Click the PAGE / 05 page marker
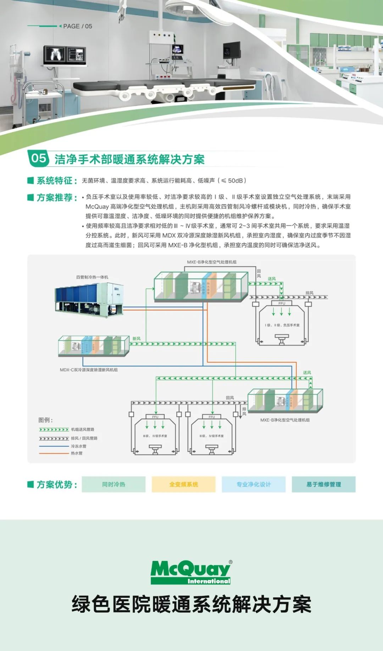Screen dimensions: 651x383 pyautogui.click(x=77, y=26)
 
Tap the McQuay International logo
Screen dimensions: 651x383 pyautogui.click(x=191, y=572)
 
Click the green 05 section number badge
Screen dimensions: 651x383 pyautogui.click(x=38, y=158)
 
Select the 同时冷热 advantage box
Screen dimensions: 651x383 pyautogui.click(x=113, y=484)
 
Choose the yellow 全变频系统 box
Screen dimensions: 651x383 pyautogui.click(x=183, y=484)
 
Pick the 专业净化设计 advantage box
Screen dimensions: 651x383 pyautogui.click(x=254, y=484)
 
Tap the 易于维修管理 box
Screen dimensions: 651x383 pyautogui.click(x=323, y=484)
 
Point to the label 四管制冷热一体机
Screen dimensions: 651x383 pyautogui.click(x=92, y=277)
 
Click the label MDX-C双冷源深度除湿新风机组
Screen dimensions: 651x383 pyautogui.click(x=89, y=370)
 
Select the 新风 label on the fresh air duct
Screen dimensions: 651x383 pyautogui.click(x=137, y=339)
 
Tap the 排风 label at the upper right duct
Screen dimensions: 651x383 pyautogui.click(x=309, y=293)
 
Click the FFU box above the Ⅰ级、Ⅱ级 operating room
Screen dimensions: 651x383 pyautogui.click(x=282, y=304)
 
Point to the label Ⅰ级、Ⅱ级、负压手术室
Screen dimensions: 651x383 pyautogui.click(x=282, y=325)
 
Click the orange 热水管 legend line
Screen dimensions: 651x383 pyautogui.click(x=54, y=453)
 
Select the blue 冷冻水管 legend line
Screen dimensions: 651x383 pyautogui.click(x=54, y=446)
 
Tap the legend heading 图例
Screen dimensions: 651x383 pyautogui.click(x=45, y=420)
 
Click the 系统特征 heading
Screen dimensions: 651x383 pyautogui.click(x=57, y=181)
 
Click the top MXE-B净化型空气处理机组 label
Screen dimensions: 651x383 pyautogui.click(x=212, y=262)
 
